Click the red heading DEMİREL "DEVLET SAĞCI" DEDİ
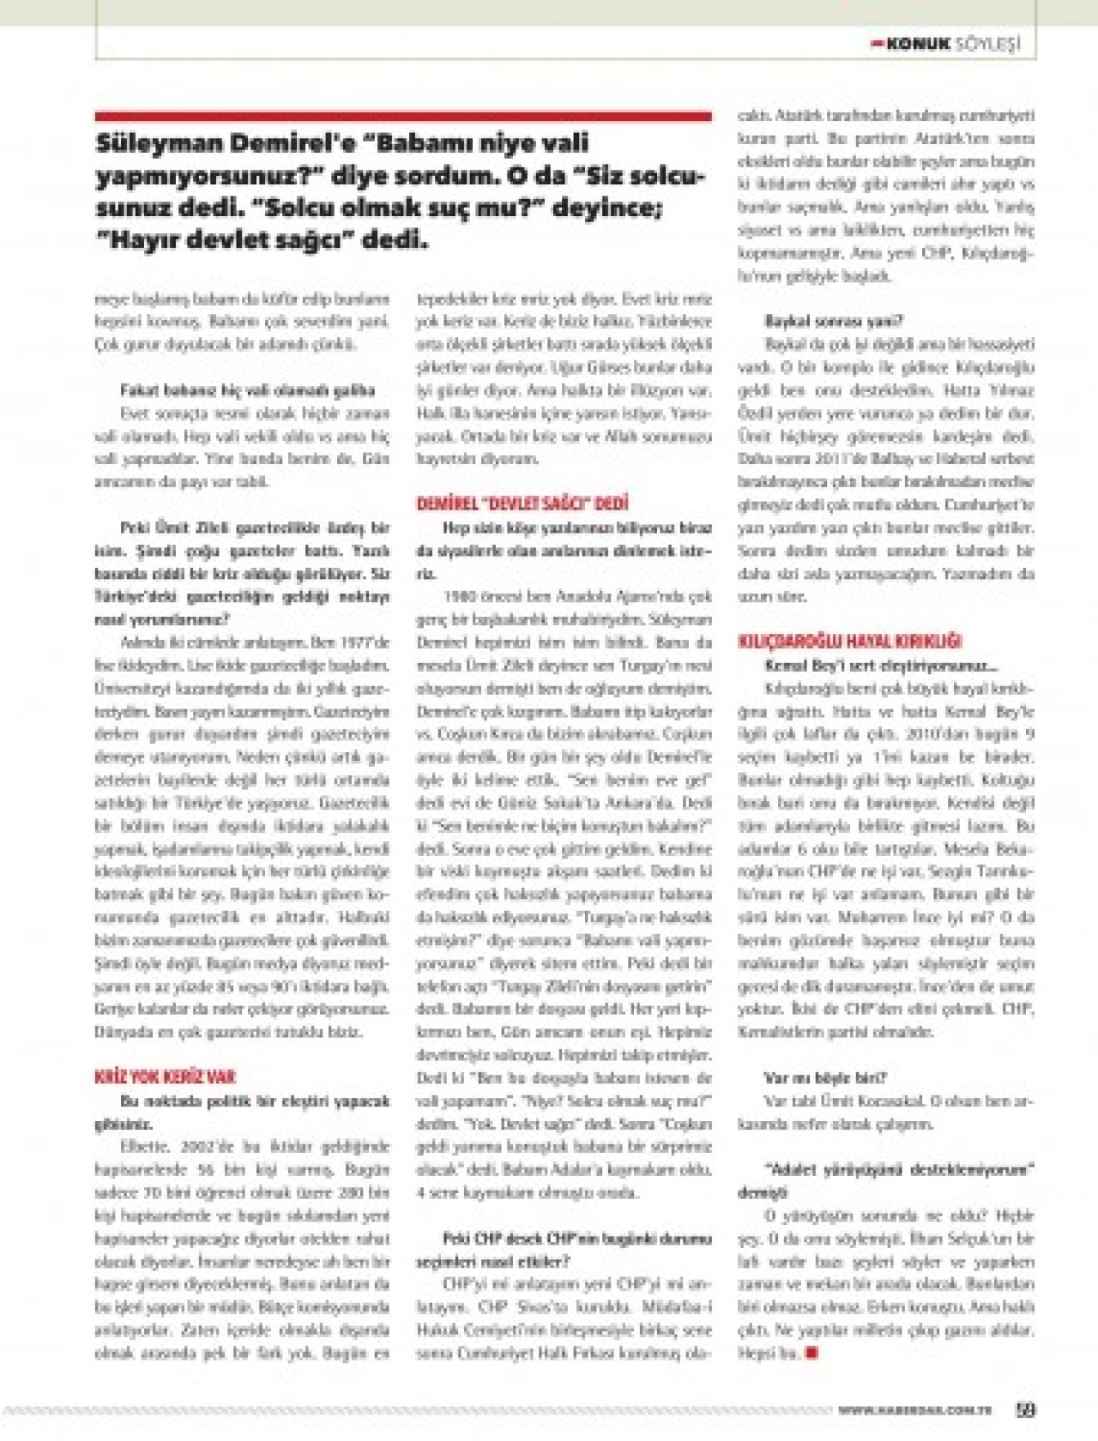pos(522,503)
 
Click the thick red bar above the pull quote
pos(403,116)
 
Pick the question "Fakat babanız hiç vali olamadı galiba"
pos(248,390)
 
